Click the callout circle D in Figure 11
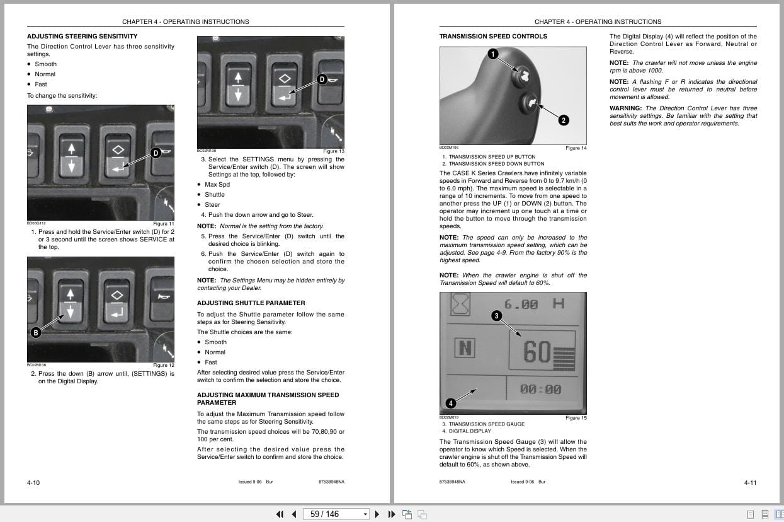pos(156,153)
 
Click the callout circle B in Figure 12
pos(36,332)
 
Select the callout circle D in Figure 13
pos(322,79)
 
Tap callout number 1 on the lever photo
pos(492,54)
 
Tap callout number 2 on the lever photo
pos(564,120)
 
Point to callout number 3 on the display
pos(496,316)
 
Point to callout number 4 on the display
pos(450,403)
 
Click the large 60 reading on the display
pos(537,353)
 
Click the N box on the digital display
pos(465,348)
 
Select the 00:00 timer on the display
pos(540,390)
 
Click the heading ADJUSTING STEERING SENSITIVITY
pos(82,37)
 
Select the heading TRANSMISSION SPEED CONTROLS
pos(493,37)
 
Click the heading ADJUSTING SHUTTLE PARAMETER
pos(251,303)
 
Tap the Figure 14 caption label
pos(576,148)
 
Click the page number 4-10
pos(33,482)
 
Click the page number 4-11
pos(750,482)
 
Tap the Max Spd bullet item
pos(217,185)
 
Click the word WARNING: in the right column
pos(625,108)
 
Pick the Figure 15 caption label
pos(576,418)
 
